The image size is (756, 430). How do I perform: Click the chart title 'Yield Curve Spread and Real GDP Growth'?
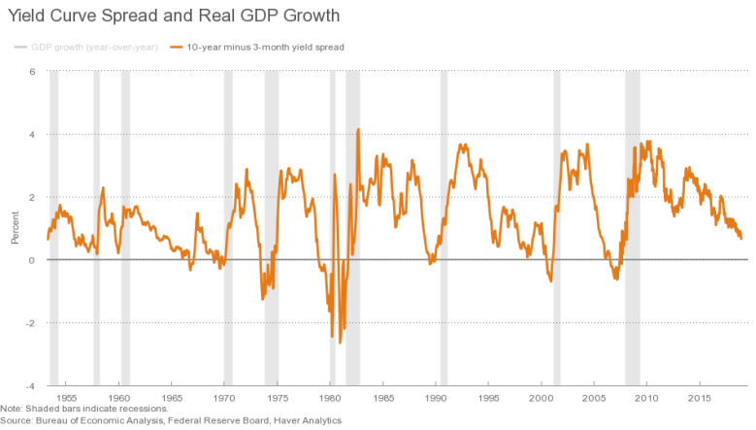point(174,16)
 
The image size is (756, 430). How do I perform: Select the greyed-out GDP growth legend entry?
point(86,48)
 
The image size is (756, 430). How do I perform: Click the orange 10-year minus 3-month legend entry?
point(257,48)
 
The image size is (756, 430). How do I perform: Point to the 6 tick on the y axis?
point(32,72)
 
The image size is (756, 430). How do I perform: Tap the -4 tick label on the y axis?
point(30,386)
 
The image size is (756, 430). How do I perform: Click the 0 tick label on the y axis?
point(32,260)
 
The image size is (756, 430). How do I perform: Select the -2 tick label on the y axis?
point(30,323)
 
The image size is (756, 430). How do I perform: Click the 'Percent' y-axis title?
point(15,227)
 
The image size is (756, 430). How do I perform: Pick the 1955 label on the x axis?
point(66,398)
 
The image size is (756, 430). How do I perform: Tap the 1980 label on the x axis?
point(330,398)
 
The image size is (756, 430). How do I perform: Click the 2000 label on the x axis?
point(541,398)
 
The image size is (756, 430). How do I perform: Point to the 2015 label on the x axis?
point(699,398)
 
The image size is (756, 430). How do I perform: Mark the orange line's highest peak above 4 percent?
point(358,129)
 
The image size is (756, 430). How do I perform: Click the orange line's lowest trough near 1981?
point(340,343)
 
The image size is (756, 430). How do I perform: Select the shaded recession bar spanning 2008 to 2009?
point(633,228)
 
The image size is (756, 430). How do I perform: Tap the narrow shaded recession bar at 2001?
point(557,228)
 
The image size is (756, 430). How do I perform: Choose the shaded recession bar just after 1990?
point(444,228)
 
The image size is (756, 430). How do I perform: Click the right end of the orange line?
point(741,238)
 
